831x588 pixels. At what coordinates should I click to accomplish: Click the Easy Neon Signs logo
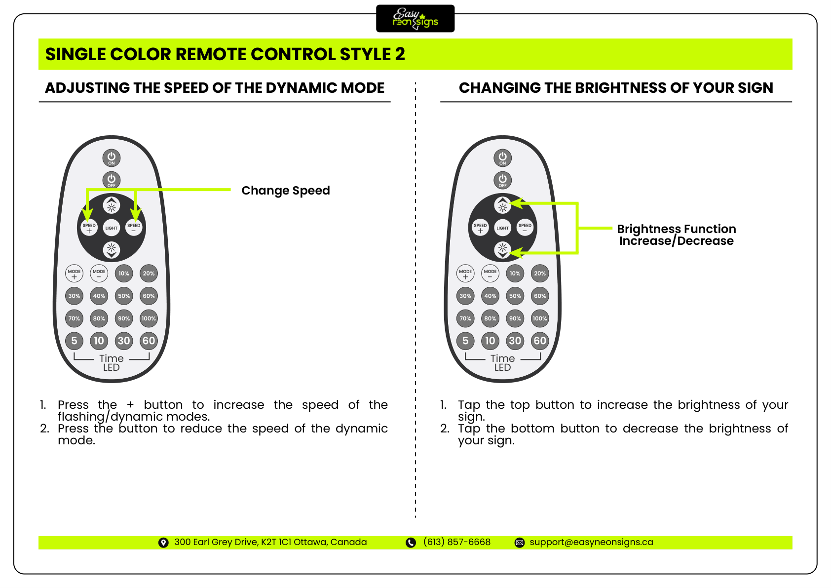(415, 19)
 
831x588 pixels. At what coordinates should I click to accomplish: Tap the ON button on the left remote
(112, 158)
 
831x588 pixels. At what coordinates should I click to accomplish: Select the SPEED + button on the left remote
(89, 228)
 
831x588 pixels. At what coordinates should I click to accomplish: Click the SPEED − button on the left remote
(134, 228)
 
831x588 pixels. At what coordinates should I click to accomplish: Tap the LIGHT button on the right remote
(502, 228)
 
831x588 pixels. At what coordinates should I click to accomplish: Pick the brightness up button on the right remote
(502, 205)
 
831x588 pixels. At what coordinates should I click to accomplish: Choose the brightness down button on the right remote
(502, 249)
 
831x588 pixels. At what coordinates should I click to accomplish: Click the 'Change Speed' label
(285, 191)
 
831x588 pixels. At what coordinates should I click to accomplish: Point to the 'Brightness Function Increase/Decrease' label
(676, 235)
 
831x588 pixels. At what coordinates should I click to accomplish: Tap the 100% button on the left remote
(149, 318)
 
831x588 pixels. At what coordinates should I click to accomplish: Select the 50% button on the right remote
(515, 296)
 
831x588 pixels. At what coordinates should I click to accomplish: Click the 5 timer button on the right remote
(465, 341)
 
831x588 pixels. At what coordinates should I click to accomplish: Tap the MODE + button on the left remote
(75, 274)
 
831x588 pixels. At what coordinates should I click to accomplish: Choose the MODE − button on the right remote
(490, 274)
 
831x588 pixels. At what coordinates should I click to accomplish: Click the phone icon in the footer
(411, 543)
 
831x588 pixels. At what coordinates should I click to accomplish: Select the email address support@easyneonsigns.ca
(591, 542)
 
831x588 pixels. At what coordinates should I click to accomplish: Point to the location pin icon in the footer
(163, 543)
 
